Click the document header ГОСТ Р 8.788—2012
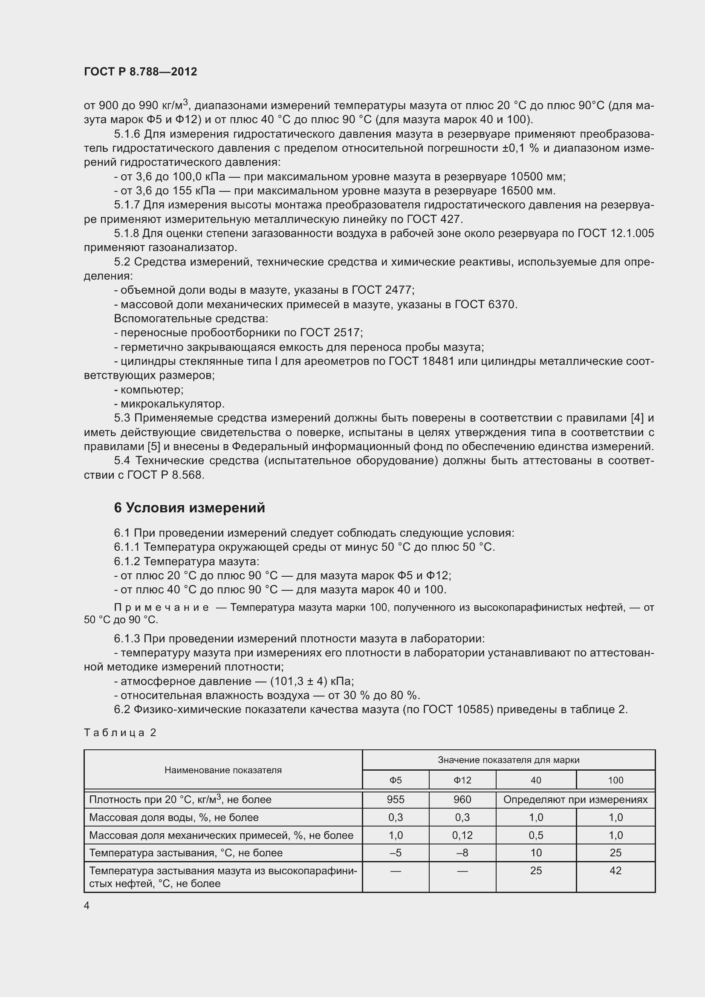(140, 72)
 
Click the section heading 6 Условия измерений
(189, 508)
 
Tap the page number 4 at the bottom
(87, 905)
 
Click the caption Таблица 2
(120, 733)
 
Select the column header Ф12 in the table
(462, 780)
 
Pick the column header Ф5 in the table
(396, 780)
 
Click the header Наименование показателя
(222, 770)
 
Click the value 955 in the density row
(396, 799)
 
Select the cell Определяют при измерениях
(575, 799)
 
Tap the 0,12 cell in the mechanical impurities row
(462, 835)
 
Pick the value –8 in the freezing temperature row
(462, 853)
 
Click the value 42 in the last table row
(615, 870)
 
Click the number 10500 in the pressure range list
(527, 177)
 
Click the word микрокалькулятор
(172, 404)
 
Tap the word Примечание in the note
(161, 607)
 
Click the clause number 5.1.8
(126, 234)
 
